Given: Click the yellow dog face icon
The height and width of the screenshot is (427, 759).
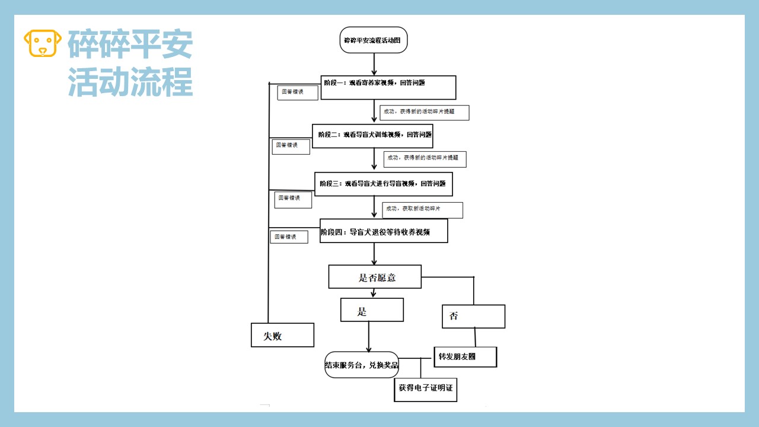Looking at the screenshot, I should pos(43,44).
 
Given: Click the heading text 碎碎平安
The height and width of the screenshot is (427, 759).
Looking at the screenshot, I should pos(130,44).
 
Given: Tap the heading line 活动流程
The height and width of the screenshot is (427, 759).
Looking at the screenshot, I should pos(130,82).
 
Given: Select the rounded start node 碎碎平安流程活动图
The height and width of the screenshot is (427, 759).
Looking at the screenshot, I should pos(374,40).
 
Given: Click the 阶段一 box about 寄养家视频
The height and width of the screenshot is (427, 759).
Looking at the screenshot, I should pos(388,87).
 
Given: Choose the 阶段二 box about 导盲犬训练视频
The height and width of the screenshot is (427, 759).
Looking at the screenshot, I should pos(373,136).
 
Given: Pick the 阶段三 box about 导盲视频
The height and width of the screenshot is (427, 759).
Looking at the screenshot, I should pos(384,184).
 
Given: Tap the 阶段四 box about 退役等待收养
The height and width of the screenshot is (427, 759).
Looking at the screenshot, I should pos(384,231).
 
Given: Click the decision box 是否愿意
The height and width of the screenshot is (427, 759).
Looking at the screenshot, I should pos(375,277).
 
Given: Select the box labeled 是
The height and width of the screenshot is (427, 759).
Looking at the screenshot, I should pos(372,310).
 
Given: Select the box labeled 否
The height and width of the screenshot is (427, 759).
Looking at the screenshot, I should pos(473,317).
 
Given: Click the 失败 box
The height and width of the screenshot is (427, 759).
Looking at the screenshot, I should pos(282,335).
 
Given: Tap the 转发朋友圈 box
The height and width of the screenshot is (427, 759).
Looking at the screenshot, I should pos(465,356).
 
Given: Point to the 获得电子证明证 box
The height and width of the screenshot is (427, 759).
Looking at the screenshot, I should pos(425,389).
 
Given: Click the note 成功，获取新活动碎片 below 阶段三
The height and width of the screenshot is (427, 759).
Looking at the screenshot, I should pos(422,210).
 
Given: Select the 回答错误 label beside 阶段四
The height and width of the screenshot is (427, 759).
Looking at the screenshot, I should pos(289,237).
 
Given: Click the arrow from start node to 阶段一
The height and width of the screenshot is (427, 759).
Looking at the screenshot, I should pos(374,64).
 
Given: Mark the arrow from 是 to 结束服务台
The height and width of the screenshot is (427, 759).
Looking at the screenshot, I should pos(369,337).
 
